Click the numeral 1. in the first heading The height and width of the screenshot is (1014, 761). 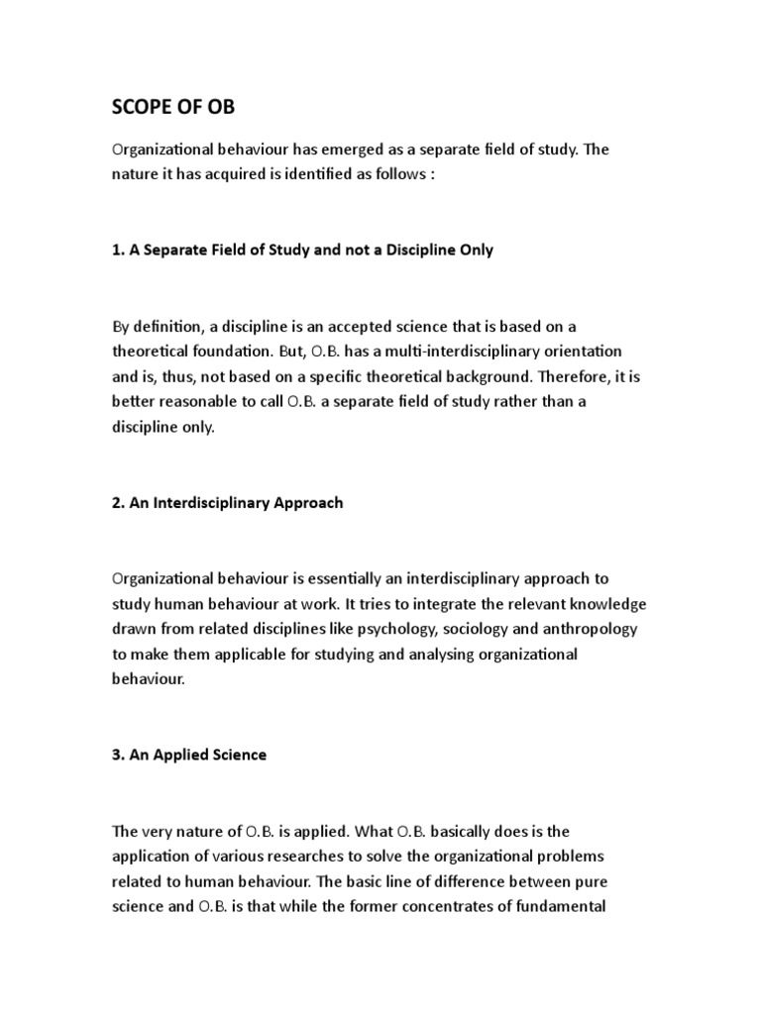pos(119,251)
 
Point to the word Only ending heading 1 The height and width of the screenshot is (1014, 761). pos(474,251)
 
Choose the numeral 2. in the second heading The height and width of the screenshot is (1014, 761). pos(119,503)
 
